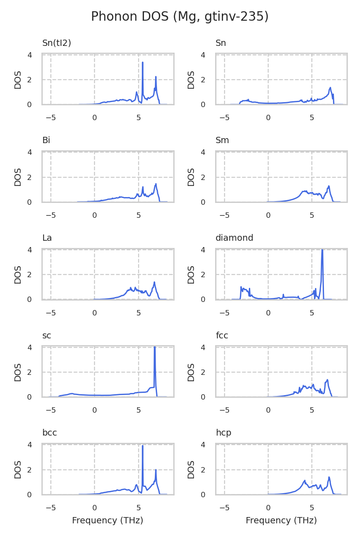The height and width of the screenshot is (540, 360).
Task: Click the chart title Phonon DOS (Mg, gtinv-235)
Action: (x=180, y=17)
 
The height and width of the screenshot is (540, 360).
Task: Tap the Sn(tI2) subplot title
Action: (x=57, y=43)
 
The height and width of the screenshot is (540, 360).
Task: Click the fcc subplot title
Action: (x=222, y=336)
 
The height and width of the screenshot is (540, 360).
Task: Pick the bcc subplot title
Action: (x=49, y=433)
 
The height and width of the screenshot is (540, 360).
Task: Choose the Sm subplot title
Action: (x=222, y=140)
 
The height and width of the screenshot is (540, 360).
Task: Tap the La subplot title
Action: (x=47, y=238)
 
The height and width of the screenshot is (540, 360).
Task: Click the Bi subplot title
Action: (x=46, y=140)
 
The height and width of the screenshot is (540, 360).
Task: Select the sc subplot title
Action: (x=47, y=336)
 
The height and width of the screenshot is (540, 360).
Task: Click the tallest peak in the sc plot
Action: (x=154, y=347)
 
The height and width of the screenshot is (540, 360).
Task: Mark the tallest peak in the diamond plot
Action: (x=322, y=250)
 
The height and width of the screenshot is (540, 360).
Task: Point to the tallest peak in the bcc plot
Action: (x=143, y=446)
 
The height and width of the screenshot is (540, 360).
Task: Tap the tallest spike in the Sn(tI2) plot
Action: (x=143, y=63)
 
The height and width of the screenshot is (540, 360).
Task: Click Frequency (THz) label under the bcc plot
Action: (x=108, y=521)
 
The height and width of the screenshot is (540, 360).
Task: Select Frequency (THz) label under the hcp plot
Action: (x=281, y=521)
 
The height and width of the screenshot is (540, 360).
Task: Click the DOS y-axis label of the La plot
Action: (x=18, y=274)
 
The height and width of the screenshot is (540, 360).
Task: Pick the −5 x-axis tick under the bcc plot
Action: (x=51, y=508)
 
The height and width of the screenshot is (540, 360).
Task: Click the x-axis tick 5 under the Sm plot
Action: (x=312, y=215)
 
